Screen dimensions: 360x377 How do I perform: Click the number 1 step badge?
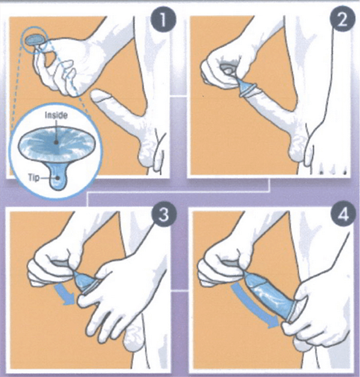pyautogui.click(x=163, y=20)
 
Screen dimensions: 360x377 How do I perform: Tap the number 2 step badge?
pyautogui.click(x=342, y=20)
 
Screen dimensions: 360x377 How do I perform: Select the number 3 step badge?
pyautogui.click(x=164, y=214)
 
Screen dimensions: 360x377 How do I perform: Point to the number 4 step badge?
pyautogui.click(x=343, y=214)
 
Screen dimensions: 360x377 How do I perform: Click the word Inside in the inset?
pyautogui.click(x=56, y=115)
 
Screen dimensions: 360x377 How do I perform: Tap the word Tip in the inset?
pyautogui.click(x=34, y=178)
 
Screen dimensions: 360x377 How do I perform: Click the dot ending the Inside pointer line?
pyautogui.click(x=56, y=142)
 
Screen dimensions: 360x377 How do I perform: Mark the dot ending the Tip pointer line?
pyautogui.click(x=58, y=178)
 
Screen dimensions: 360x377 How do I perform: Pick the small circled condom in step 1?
pyautogui.click(x=34, y=40)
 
